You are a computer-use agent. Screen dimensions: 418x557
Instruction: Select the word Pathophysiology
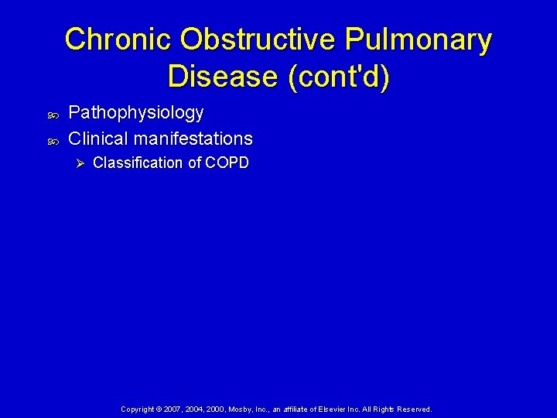point(136,113)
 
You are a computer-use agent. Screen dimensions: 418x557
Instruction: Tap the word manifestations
point(193,139)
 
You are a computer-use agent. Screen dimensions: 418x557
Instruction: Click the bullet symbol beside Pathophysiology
point(53,115)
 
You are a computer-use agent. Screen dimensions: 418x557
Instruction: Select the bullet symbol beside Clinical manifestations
point(53,141)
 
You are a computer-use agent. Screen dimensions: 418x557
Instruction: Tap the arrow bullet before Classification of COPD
point(77,163)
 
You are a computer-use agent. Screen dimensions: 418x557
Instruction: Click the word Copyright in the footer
point(138,409)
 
